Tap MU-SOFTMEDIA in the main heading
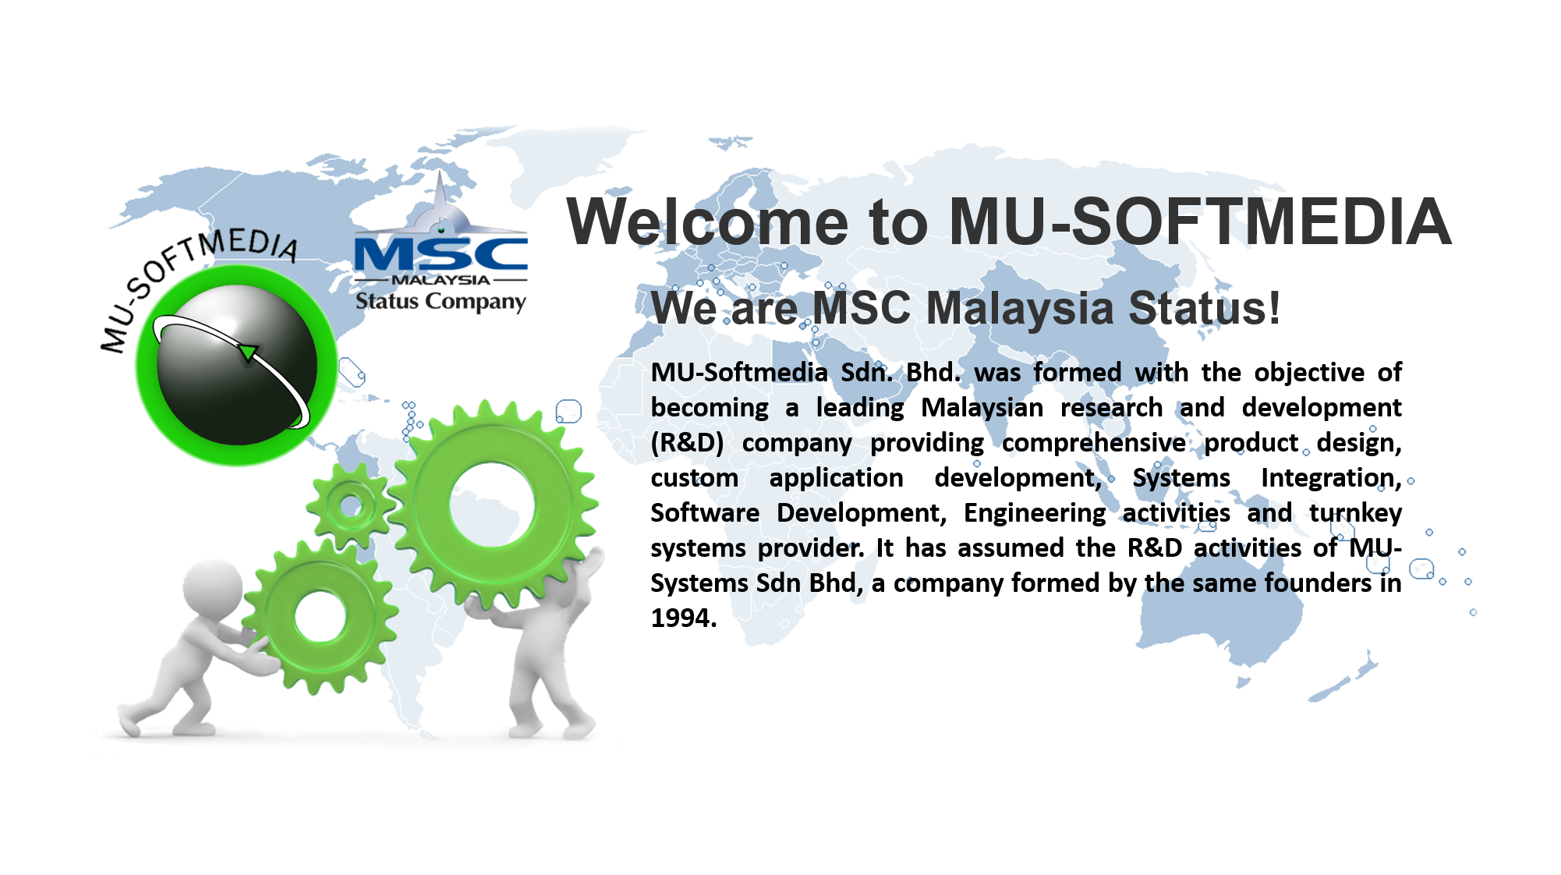coord(1200,222)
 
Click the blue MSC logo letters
coord(441,254)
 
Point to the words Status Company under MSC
coord(441,301)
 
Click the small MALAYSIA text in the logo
coord(441,280)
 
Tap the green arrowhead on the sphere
coord(248,352)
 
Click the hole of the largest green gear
coord(492,507)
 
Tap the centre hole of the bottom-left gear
coord(320,617)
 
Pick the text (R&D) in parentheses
coord(687,443)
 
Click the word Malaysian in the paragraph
coord(982,407)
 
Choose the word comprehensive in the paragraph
coord(1094,443)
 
